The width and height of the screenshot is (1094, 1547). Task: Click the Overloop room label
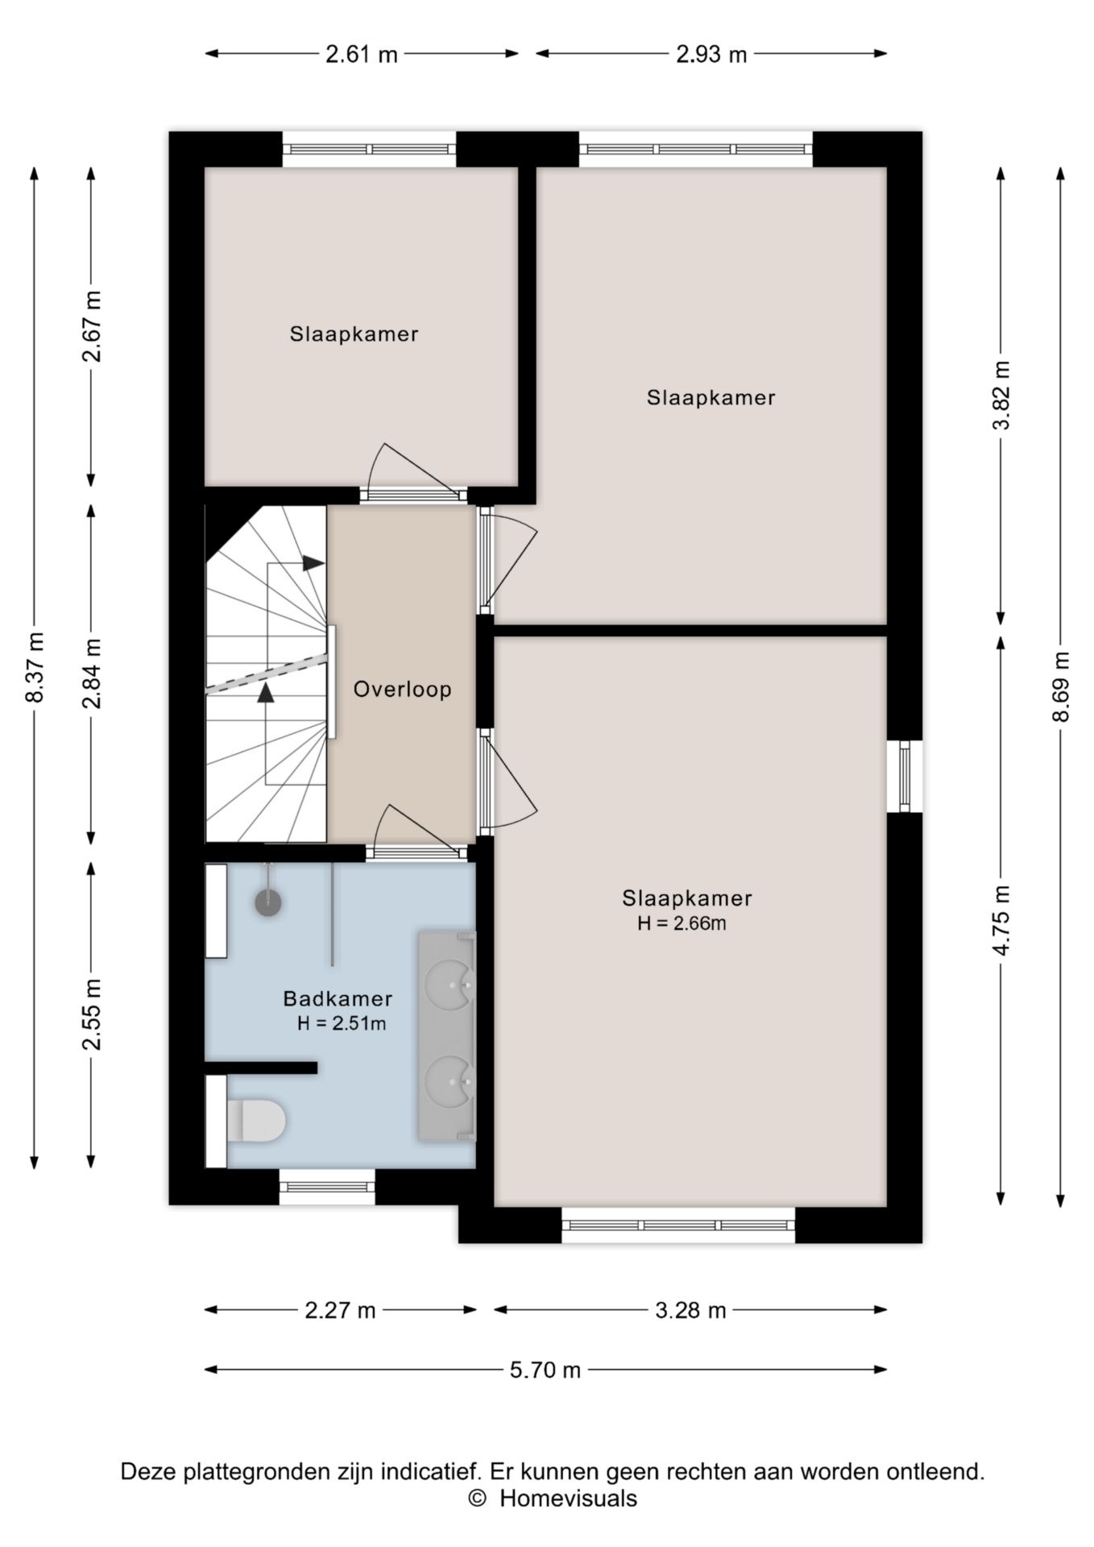[402, 689]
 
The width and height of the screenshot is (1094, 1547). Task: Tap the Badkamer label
[338, 998]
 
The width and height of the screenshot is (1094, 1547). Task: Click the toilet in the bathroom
[256, 1121]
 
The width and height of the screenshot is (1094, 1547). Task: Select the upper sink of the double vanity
[448, 985]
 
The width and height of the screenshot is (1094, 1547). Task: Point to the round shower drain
[268, 902]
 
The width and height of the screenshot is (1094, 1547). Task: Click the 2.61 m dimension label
[362, 54]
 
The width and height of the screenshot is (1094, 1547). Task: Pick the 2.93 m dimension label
[711, 54]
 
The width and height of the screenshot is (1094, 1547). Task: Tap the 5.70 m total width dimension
[545, 1370]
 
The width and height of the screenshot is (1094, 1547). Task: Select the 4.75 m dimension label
[1001, 920]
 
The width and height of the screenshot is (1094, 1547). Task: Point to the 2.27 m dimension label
[340, 1310]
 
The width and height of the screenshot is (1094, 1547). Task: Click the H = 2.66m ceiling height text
[682, 923]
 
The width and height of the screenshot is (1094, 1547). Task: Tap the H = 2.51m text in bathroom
[342, 1024]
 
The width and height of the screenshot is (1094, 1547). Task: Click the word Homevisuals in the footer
[568, 1499]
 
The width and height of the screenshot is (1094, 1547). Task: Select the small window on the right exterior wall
[905, 776]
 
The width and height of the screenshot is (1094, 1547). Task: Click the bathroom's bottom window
[327, 1187]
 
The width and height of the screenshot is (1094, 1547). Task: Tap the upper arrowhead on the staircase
[313, 563]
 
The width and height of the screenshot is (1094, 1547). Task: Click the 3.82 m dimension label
[1001, 396]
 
